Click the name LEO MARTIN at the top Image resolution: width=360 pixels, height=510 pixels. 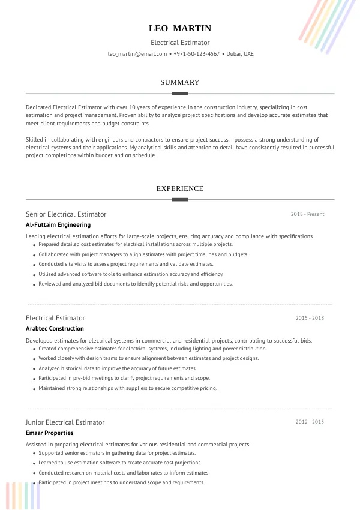coord(180,28)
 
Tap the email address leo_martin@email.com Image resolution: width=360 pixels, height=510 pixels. coord(137,54)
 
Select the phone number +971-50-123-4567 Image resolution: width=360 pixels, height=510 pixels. coord(196,54)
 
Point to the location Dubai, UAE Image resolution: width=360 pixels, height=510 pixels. coord(240,54)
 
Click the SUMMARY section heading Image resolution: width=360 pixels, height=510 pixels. coord(180,82)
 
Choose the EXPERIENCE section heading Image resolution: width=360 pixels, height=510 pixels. coord(180,188)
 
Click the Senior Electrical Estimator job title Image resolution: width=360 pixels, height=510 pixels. coord(66,214)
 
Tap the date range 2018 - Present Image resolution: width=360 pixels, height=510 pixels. coord(307,214)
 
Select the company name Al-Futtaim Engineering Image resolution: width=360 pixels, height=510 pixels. coord(58,225)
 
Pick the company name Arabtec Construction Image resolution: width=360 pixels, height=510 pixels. coord(55,329)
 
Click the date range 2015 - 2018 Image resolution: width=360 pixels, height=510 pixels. coord(310,318)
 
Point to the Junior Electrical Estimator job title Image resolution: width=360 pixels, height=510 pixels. coord(65,422)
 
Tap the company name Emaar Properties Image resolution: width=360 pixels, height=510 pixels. coord(50,433)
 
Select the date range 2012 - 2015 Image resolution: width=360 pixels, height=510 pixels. coord(310,422)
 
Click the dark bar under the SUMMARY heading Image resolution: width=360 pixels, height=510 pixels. coord(180,94)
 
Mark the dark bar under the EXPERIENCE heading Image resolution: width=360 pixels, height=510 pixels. coord(180,199)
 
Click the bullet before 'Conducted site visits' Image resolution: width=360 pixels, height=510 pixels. coord(34,265)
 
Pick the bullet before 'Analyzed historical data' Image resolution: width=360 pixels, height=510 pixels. coord(34,369)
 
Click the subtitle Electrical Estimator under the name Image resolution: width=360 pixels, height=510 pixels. coord(180,43)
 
